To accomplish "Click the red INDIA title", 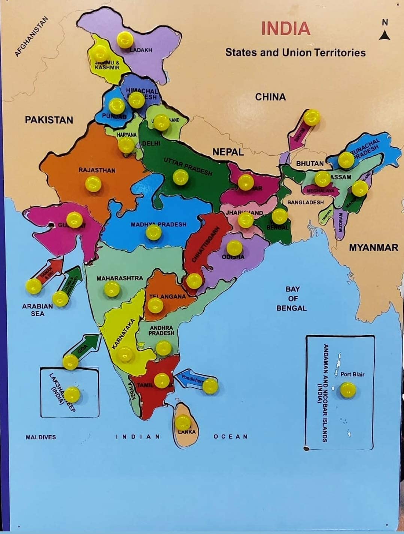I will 285,28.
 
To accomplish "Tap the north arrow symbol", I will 385,35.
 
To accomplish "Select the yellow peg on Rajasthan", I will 93,184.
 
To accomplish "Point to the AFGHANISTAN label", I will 32,37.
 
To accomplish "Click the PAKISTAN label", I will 49,120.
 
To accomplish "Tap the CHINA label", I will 270,97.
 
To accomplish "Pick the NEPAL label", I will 228,152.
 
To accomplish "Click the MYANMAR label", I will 373,247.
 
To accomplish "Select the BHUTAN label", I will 310,164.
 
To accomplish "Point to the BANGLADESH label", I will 305,202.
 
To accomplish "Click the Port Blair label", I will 352,374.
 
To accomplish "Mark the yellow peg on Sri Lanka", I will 183,422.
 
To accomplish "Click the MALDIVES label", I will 41,437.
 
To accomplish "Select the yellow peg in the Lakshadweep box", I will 72,394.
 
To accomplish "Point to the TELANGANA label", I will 168,296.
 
